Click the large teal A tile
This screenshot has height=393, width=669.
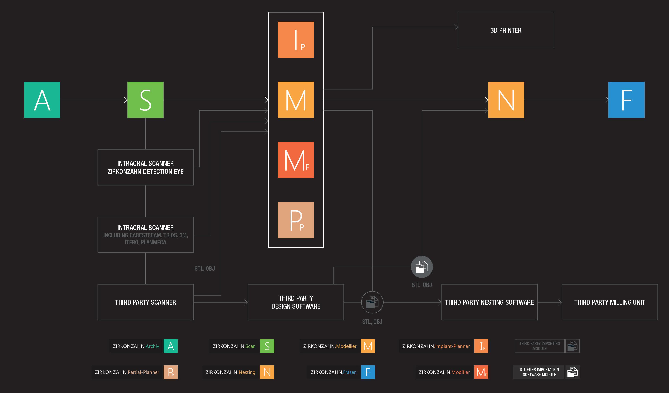pos(42,100)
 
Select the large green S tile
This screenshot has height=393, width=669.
pos(145,100)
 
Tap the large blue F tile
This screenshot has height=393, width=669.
pos(626,100)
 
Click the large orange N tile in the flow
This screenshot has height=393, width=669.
pos(506,100)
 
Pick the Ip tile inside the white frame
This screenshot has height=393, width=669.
pos(296,40)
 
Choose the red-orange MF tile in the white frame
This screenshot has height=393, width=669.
pos(296,160)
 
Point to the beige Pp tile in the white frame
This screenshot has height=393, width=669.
pos(296,220)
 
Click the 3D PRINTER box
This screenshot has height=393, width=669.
pos(506,30)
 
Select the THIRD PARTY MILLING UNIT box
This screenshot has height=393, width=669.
pos(610,302)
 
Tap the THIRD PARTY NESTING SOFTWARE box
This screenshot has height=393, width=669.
pos(489,302)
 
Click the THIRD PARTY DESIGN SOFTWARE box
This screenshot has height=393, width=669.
pos(296,302)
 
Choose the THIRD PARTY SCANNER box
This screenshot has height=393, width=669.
pos(145,302)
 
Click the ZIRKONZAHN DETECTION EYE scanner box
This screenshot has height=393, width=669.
pos(145,167)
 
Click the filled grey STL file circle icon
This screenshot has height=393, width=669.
pos(422,267)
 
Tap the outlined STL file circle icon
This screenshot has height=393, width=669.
pos(372,302)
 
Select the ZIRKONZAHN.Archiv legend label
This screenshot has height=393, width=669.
pos(136,346)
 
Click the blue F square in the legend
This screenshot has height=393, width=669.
pos(368,372)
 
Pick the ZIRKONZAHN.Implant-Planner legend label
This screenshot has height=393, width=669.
pos(436,346)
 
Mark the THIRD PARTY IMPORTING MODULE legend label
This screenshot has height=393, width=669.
pos(539,346)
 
